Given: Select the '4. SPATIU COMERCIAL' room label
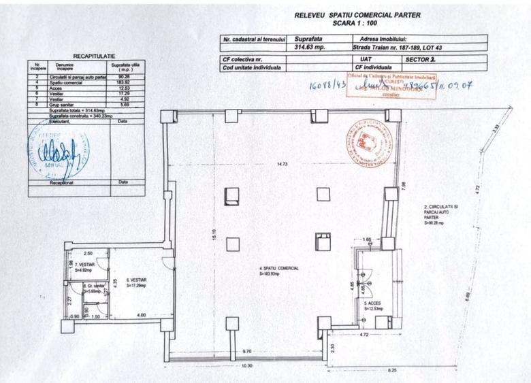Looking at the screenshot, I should point(279,270).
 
